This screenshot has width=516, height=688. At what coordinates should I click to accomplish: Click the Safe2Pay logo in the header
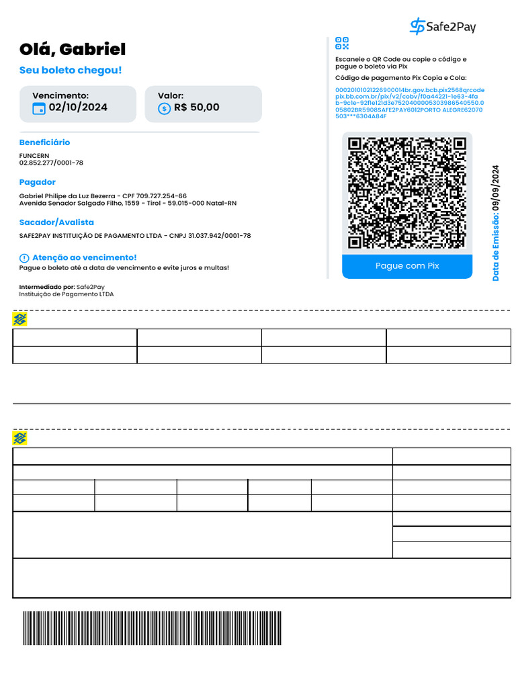(x=442, y=27)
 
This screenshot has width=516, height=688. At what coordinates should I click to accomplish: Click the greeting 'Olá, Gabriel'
(x=73, y=49)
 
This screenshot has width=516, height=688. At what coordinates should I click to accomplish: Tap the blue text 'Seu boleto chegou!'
(x=71, y=71)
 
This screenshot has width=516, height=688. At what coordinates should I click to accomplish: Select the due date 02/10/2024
(x=78, y=107)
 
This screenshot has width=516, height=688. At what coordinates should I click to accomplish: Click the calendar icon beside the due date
(x=39, y=108)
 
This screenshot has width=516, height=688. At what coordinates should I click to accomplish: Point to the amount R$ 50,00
(x=196, y=107)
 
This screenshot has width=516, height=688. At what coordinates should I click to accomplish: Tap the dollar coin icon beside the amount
(x=165, y=108)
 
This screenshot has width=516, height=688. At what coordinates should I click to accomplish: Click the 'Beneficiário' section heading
(x=44, y=142)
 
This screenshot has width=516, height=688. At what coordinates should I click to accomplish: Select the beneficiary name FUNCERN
(x=34, y=156)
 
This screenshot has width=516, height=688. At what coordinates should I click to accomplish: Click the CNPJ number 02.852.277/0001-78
(x=51, y=163)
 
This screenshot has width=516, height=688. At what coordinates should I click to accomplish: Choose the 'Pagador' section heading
(x=38, y=182)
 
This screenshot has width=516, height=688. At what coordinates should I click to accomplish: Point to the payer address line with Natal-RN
(x=128, y=203)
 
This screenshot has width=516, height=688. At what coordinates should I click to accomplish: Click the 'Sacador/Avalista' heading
(x=56, y=222)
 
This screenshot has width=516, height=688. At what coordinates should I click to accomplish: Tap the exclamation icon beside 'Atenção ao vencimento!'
(x=24, y=258)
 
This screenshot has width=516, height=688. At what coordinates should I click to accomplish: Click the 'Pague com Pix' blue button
(x=407, y=266)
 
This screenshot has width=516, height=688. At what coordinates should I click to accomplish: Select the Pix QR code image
(x=407, y=193)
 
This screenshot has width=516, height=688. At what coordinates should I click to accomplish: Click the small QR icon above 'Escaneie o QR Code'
(x=342, y=44)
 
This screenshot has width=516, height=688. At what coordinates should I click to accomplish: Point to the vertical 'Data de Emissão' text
(x=496, y=222)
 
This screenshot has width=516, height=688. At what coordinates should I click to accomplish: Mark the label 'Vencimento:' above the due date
(x=60, y=96)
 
